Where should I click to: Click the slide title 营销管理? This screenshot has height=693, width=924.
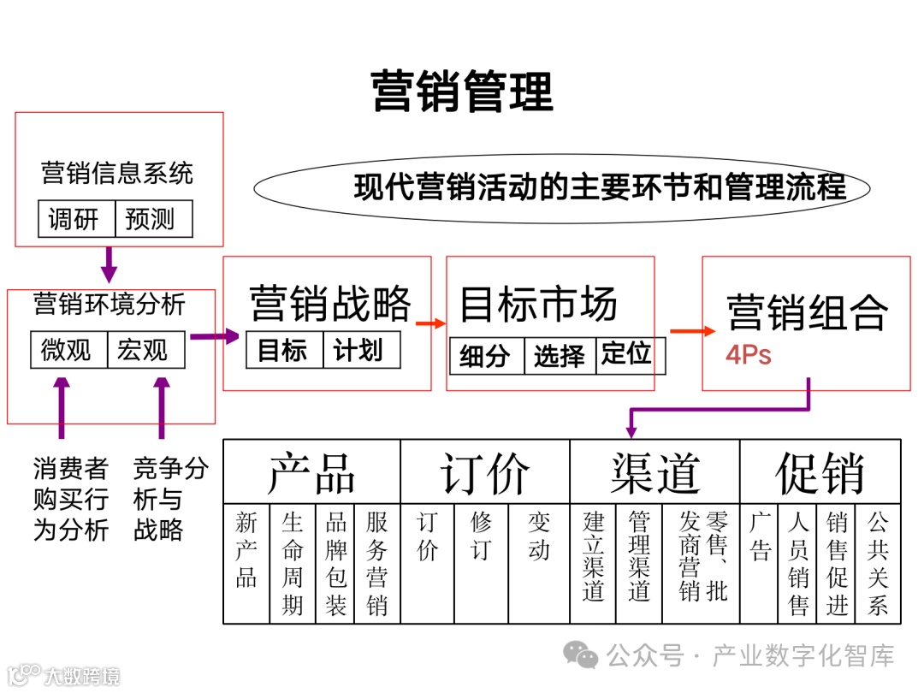click(462, 92)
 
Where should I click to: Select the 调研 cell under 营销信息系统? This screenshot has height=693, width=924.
click(76, 219)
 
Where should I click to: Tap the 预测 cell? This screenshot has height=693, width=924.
click(152, 219)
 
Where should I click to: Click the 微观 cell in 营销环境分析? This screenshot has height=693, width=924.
click(68, 350)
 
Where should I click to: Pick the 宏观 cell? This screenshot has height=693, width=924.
click(145, 350)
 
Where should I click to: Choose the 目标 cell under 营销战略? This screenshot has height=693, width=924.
click(283, 350)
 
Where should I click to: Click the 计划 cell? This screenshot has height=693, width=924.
click(359, 350)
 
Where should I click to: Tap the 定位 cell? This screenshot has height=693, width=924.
click(626, 354)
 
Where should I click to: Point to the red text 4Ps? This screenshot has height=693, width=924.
click(749, 355)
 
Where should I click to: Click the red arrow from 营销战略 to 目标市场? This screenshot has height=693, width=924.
click(430, 323)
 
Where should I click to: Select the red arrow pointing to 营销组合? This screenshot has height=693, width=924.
click(691, 331)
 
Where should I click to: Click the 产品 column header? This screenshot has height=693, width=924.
click(311, 471)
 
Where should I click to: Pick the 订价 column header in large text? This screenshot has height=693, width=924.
click(484, 471)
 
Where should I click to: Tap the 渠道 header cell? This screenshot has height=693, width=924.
click(654, 471)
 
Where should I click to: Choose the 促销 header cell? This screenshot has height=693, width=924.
click(820, 471)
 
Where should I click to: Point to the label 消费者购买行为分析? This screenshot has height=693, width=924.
click(71, 499)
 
